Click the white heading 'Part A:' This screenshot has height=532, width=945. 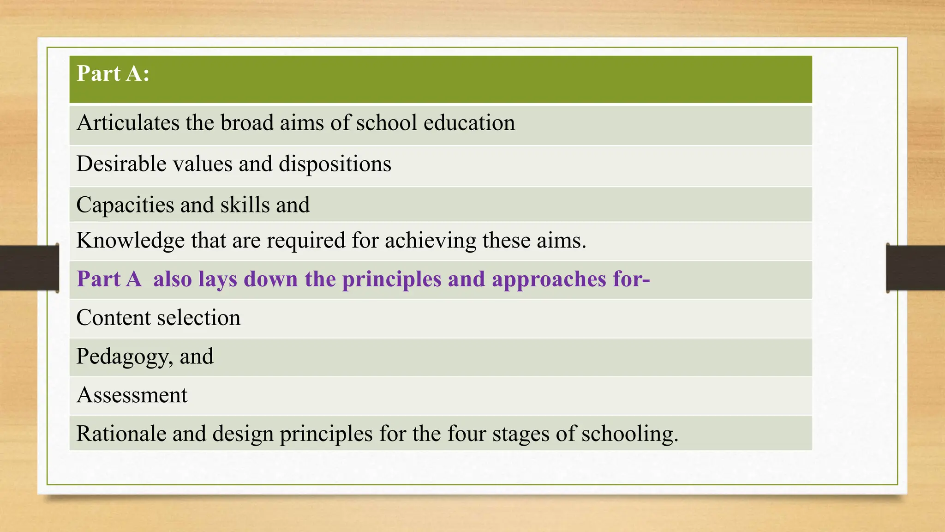[x=113, y=73]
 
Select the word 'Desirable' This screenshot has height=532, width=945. [x=121, y=164]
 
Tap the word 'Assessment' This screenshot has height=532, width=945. [x=132, y=395]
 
